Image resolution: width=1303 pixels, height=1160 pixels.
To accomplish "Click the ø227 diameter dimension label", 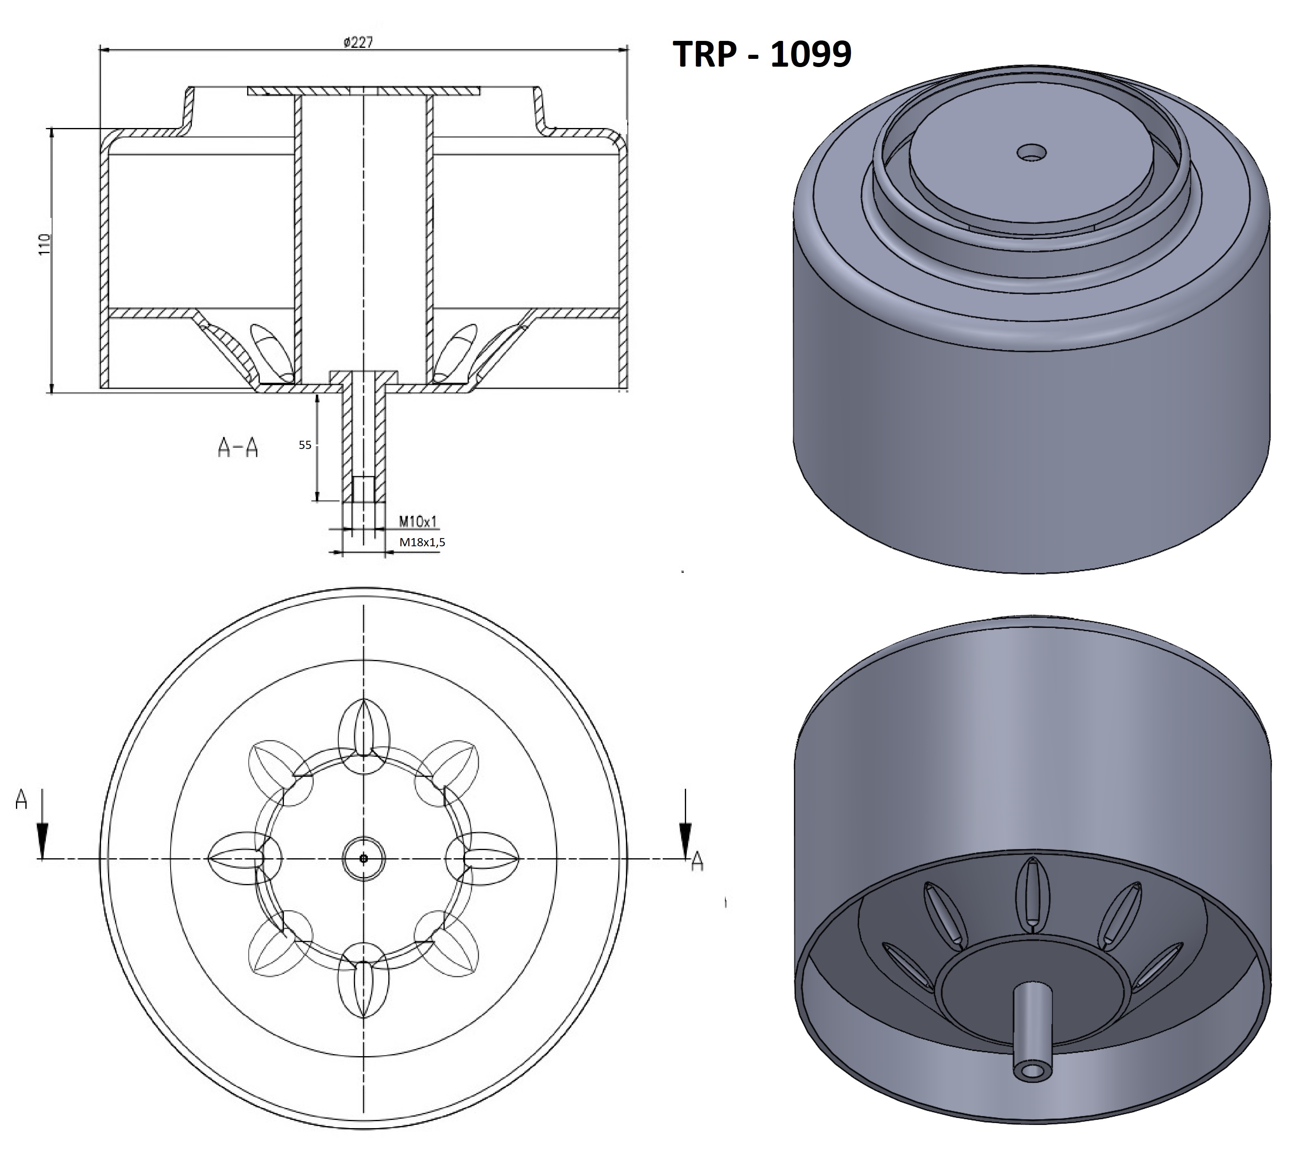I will click(x=358, y=43).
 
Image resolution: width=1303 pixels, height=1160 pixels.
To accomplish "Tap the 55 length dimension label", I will click(x=305, y=445).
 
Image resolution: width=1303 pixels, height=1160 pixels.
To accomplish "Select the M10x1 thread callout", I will click(x=418, y=521).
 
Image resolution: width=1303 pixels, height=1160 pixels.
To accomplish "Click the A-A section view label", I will click(x=238, y=448).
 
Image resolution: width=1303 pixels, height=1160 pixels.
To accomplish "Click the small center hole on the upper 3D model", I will click(x=1031, y=153).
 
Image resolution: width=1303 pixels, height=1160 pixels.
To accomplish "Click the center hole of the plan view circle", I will click(x=364, y=859).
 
